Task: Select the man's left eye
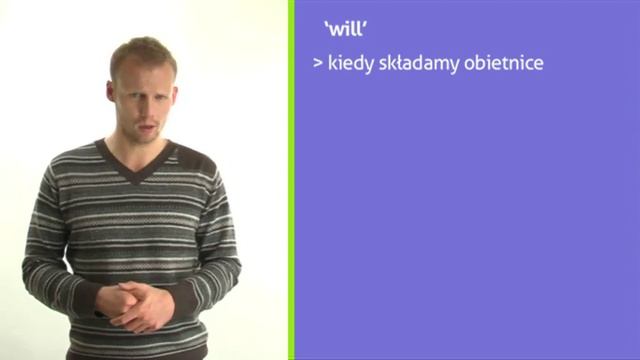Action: pos(162,89)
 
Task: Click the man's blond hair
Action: pos(145,50)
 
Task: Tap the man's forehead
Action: pos(147,70)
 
